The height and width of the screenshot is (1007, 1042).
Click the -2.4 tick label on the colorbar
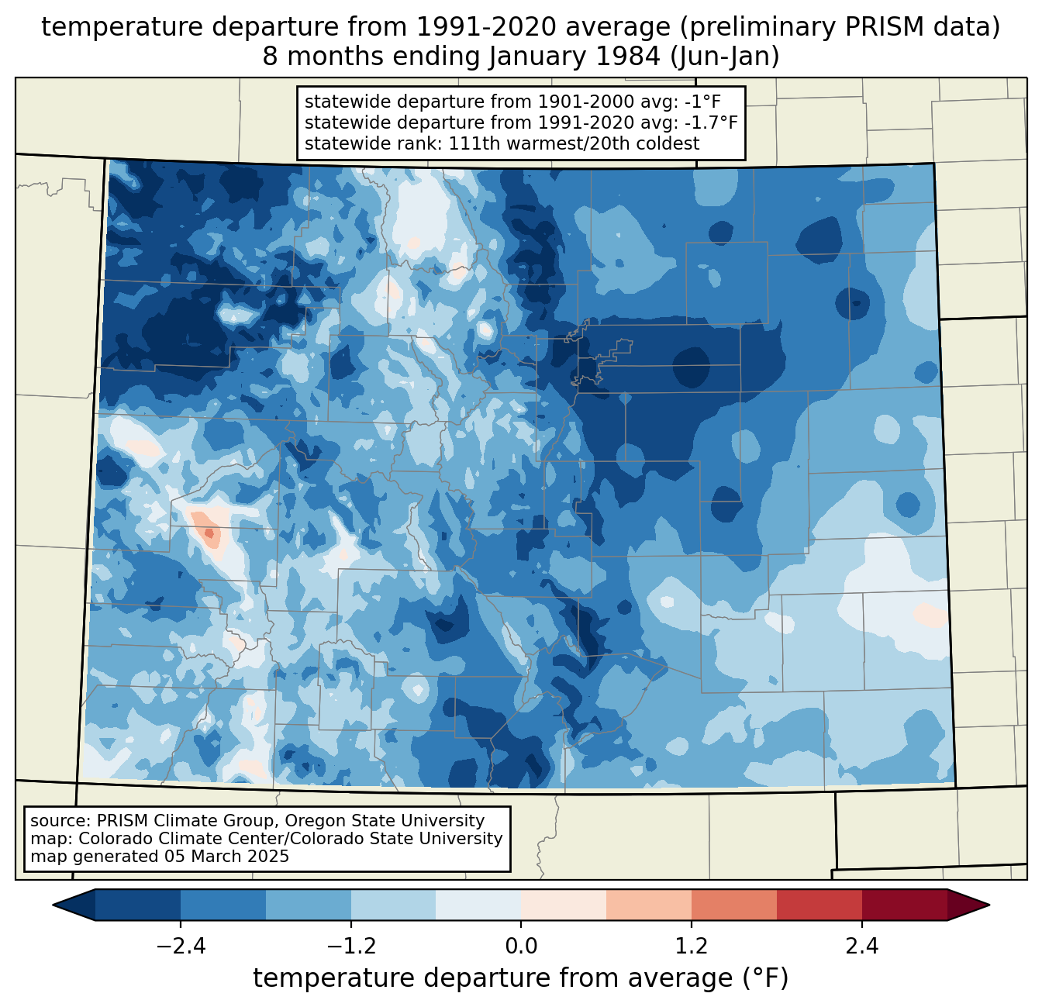click(181, 947)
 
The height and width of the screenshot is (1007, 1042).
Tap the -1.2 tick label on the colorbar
click(350, 947)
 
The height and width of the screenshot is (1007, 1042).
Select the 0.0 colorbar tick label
click(521, 947)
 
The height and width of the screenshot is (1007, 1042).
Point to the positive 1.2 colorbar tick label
click(691, 947)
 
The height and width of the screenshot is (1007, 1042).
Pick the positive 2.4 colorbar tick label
click(861, 947)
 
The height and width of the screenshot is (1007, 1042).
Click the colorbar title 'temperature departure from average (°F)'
click(521, 978)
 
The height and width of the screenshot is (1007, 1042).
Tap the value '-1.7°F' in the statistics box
click(710, 122)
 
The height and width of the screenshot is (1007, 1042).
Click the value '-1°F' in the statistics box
click(704, 102)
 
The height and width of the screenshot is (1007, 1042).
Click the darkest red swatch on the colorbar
click(904, 905)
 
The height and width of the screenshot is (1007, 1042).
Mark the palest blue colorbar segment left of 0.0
click(478, 905)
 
